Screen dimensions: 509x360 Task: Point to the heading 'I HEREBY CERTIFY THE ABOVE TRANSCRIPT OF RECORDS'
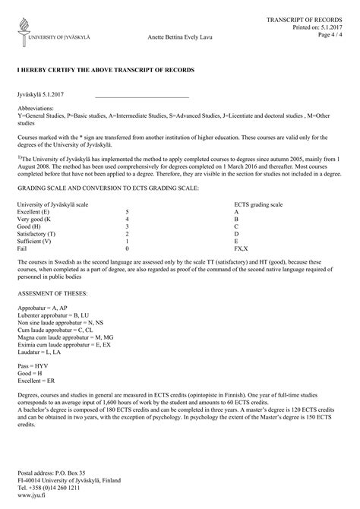coord(106,69)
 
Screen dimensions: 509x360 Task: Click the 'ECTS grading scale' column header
coord(258,205)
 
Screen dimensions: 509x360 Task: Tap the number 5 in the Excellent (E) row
coord(127,212)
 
